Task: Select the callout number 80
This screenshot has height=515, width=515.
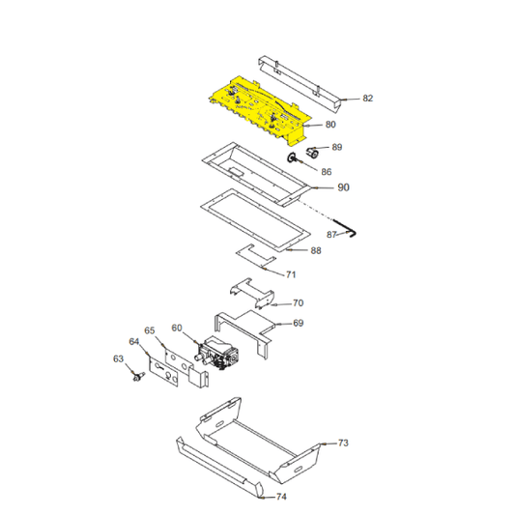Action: tap(330, 125)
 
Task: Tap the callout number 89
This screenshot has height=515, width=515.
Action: tap(336, 148)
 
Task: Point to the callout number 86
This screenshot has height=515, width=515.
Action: tap(327, 171)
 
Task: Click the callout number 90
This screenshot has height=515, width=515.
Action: tap(343, 187)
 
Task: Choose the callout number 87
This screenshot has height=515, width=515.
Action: tap(330, 235)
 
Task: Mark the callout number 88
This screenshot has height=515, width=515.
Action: tap(316, 251)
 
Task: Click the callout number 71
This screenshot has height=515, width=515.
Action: tap(291, 275)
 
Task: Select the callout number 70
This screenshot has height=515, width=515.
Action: tap(298, 303)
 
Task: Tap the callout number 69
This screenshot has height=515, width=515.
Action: tap(298, 324)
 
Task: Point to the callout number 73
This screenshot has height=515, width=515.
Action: tap(343, 443)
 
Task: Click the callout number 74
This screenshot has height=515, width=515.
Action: tap(281, 498)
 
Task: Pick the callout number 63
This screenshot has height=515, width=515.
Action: tap(118, 358)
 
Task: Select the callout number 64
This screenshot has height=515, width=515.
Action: tap(134, 341)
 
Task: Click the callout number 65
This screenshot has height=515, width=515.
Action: tap(150, 329)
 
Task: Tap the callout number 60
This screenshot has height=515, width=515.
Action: tap(177, 328)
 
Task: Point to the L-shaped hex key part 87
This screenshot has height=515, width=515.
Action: tap(348, 231)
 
